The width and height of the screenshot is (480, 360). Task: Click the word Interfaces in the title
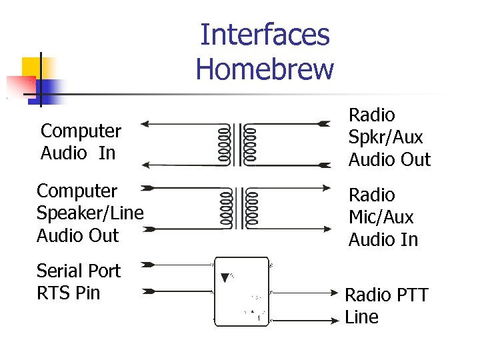(265, 35)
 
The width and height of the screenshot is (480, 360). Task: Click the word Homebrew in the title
(265, 69)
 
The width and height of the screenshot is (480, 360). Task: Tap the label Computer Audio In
(81, 142)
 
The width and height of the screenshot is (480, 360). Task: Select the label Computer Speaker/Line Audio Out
(90, 213)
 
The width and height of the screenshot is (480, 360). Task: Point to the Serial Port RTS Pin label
(78, 281)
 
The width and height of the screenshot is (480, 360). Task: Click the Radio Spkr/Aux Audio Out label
(389, 137)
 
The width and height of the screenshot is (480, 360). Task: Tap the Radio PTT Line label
(386, 306)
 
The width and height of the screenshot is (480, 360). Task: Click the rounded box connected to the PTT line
(241, 291)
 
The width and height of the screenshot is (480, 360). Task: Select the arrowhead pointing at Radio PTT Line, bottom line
(335, 321)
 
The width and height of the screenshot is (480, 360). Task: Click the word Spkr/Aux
(385, 137)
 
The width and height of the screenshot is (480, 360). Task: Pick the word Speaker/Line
(90, 213)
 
